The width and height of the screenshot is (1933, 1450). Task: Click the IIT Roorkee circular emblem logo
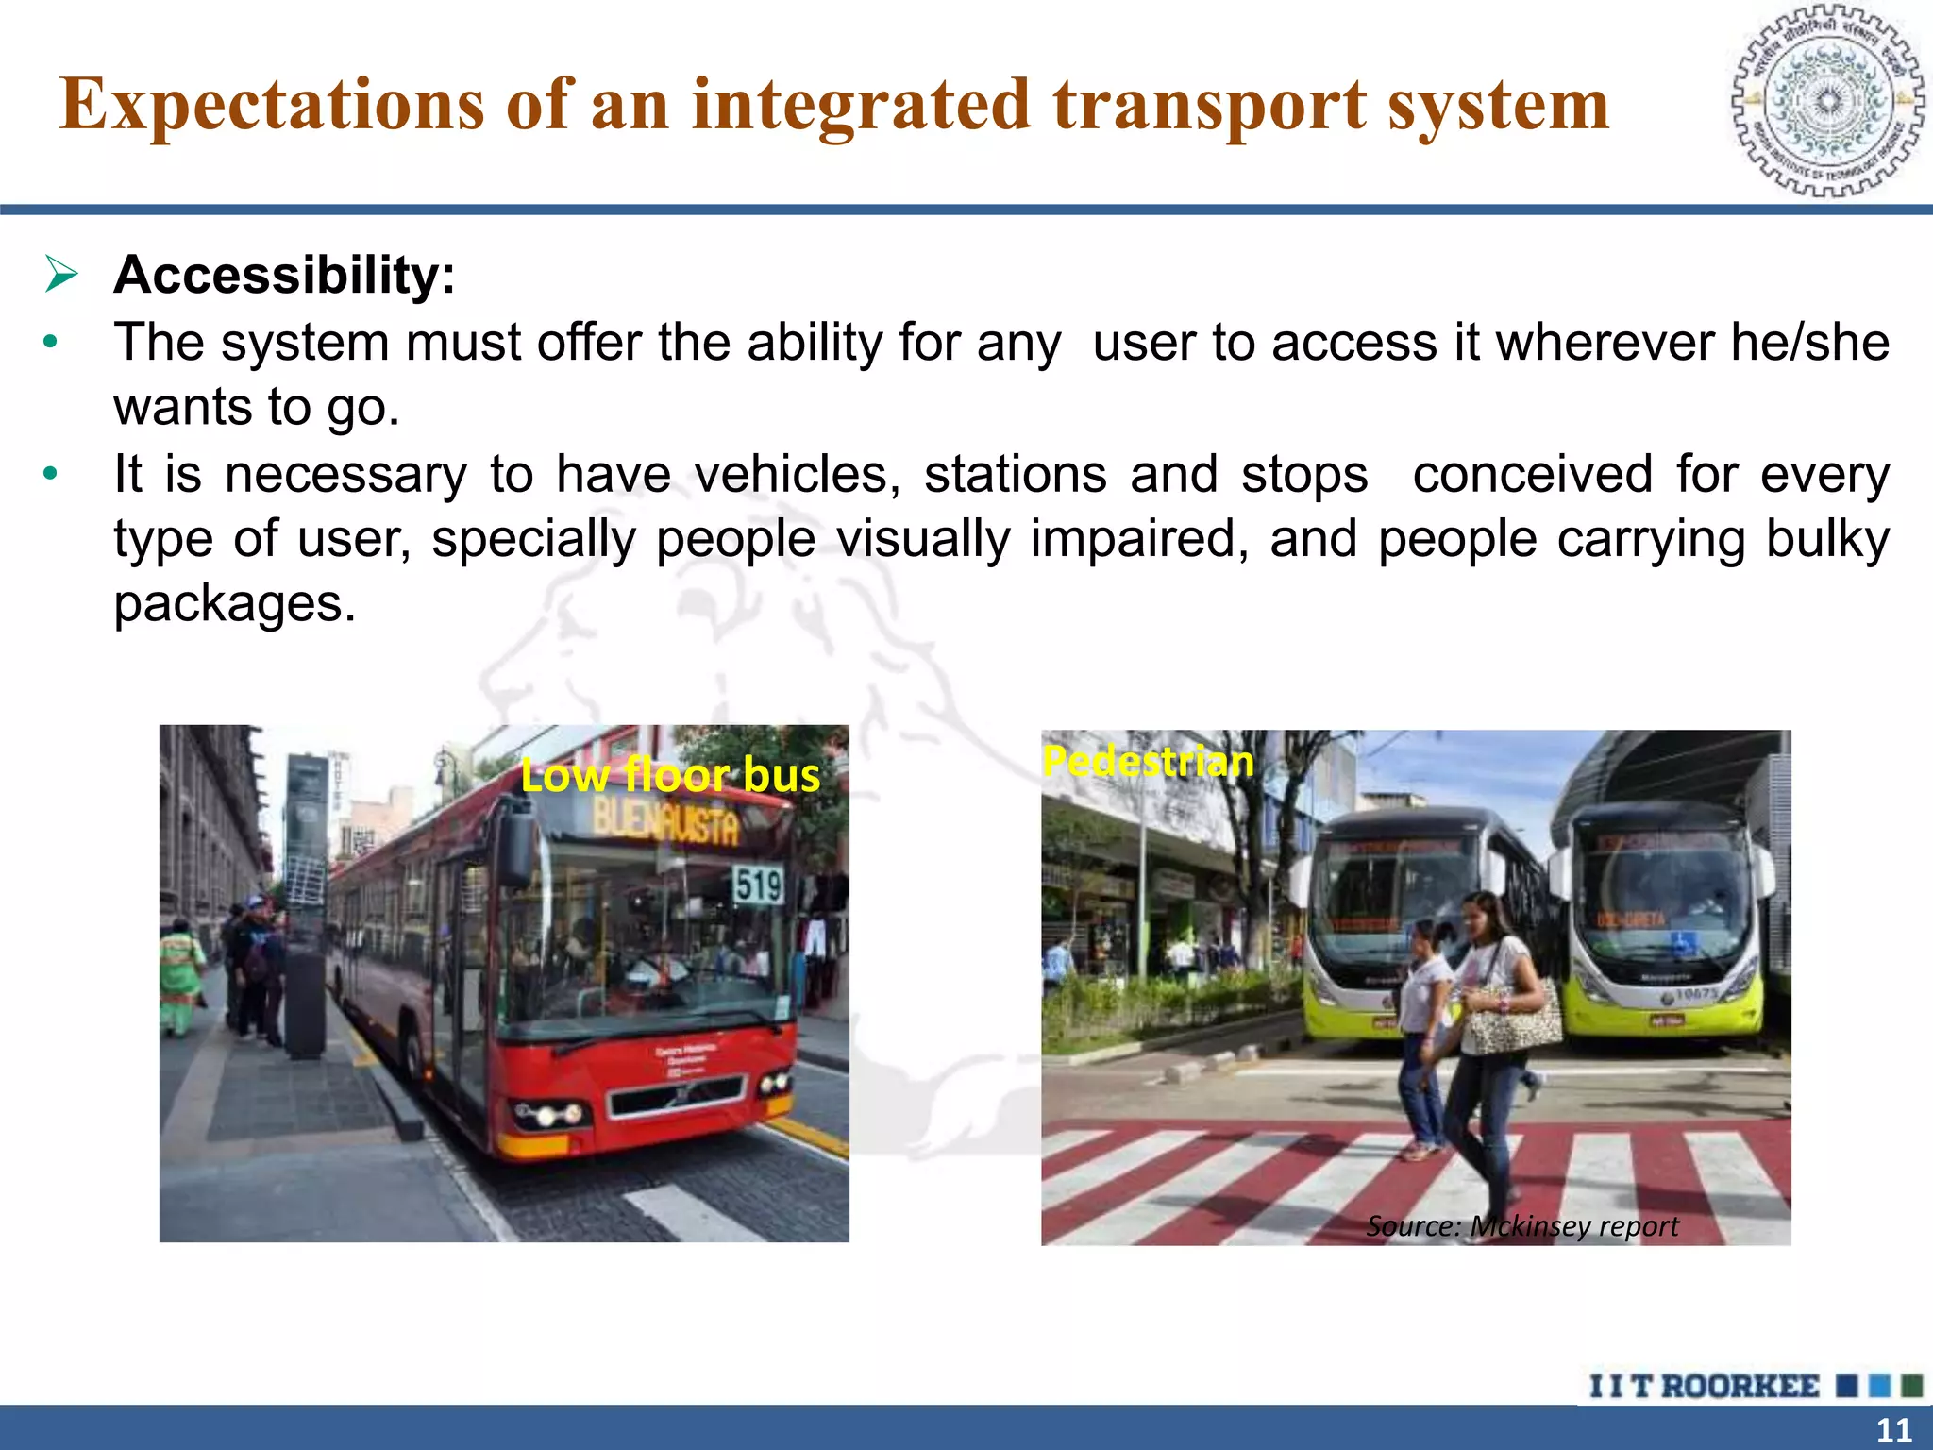point(1827,101)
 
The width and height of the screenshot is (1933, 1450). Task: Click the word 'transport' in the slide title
point(1209,105)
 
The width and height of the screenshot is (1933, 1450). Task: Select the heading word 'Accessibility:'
point(284,276)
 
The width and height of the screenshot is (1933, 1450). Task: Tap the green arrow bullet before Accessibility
point(61,275)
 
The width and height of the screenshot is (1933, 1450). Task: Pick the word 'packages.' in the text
point(235,604)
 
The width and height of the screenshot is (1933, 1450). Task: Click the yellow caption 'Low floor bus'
point(670,775)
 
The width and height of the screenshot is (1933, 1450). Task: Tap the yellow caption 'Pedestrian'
point(1148,761)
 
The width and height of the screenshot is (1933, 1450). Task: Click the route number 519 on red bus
point(758,886)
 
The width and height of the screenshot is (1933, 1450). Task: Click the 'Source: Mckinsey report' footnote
point(1521,1226)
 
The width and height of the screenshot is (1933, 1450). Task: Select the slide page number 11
point(1893,1430)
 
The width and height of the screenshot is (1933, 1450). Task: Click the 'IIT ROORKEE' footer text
point(1704,1387)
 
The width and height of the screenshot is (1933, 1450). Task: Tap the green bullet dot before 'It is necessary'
point(51,474)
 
